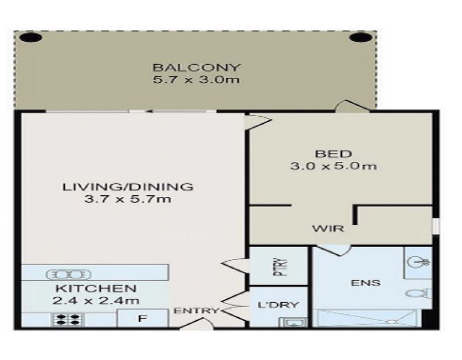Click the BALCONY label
pos(196,68)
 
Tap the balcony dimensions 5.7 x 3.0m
pos(196,80)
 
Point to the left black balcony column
pos(31,38)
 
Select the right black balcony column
pos(360,38)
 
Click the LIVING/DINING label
pos(128,187)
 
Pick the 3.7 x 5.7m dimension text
pos(128,199)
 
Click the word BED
pos(333,154)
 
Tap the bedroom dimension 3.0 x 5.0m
pos(333,166)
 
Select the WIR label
pos(328,228)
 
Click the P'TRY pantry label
pos(281,267)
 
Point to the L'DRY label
pos(278,305)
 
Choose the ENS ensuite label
pos(366,283)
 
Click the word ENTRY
pos(196,310)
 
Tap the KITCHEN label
pos(96,288)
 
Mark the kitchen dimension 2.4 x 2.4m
pos(96,300)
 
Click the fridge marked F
pos(143,318)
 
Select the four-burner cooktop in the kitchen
pos(68,320)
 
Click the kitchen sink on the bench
pos(68,275)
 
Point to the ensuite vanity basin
pos(418,262)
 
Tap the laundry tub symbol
pos(293,322)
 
